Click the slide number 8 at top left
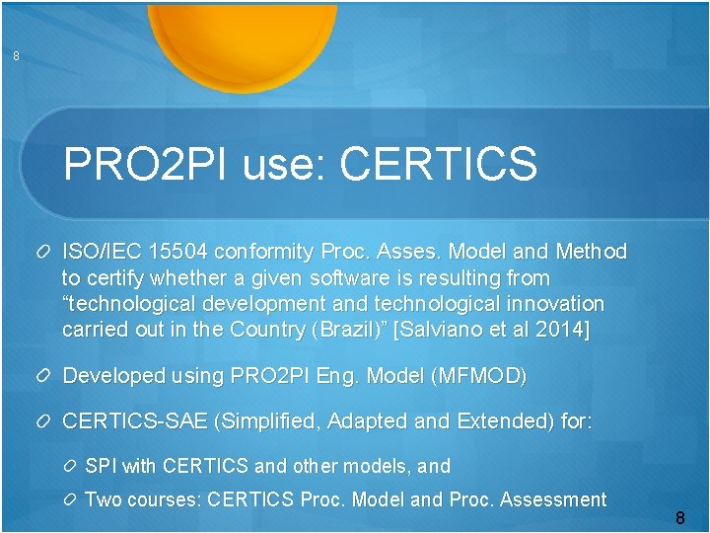(16, 57)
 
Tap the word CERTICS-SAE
(134, 422)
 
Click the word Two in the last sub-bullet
(105, 499)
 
